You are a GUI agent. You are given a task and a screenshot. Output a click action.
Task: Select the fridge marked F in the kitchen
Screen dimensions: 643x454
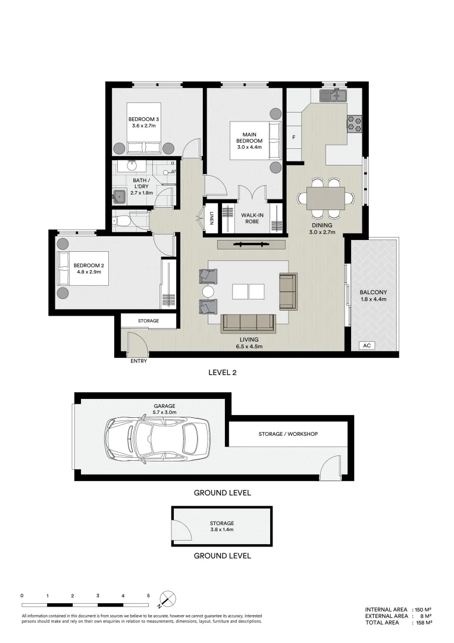(x=293, y=138)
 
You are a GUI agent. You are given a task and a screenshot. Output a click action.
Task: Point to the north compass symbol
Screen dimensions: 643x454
(x=168, y=598)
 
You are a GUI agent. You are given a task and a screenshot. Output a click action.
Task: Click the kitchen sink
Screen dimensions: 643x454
(x=333, y=95)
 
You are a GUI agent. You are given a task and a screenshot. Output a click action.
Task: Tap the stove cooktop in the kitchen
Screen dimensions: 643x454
(x=355, y=123)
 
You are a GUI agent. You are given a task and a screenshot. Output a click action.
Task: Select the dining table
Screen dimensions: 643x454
(x=325, y=198)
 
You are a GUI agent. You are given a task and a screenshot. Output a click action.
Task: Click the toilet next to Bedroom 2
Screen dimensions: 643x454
(x=123, y=221)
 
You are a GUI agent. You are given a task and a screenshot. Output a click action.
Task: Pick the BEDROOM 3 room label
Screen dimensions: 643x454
(x=143, y=119)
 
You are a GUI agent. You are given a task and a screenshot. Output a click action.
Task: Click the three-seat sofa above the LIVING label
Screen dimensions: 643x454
(x=248, y=323)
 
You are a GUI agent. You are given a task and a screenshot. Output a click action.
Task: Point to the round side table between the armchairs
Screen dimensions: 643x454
(x=208, y=292)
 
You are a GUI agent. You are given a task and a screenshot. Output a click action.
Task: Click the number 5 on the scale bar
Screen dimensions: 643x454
(x=148, y=595)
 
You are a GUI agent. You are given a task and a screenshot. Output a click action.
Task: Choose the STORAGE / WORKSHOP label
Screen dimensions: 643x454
(x=288, y=434)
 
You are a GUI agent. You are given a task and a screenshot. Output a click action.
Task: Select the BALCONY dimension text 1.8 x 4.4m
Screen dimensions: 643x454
(x=373, y=299)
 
